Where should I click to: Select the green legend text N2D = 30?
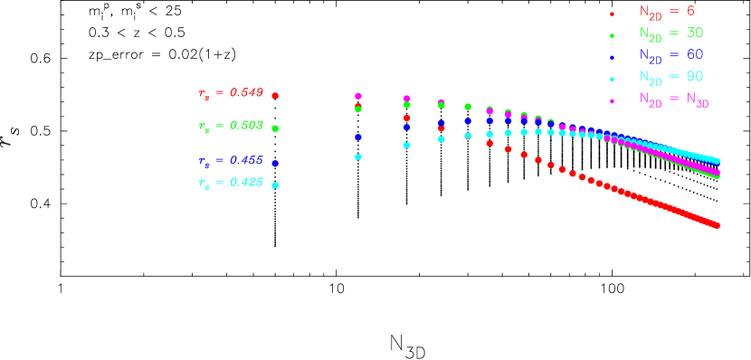tap(670, 33)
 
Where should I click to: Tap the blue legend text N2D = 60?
tap(670, 55)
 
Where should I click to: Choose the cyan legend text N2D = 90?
tap(670, 77)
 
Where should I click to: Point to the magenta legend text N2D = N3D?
tap(673, 99)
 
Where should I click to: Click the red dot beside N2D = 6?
tap(613, 14)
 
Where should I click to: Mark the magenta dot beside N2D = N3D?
tap(613, 100)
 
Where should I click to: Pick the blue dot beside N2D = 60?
tap(613, 57)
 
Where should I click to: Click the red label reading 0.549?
tap(230, 93)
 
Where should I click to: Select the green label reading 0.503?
tap(230, 127)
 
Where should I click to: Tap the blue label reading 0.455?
tap(230, 161)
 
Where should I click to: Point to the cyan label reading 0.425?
tap(230, 183)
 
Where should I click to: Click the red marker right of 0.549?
tap(275, 95)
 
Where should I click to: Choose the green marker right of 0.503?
tap(275, 128)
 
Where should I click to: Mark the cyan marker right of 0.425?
tap(275, 185)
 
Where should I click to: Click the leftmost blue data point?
tap(358, 137)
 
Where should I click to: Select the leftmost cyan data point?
tap(358, 157)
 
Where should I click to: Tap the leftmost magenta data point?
tap(358, 96)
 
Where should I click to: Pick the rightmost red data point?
tap(718, 225)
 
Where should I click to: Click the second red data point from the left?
tap(407, 118)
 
